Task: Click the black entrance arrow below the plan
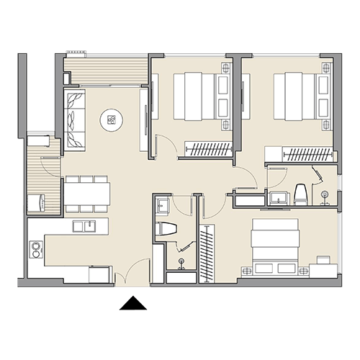(132, 304)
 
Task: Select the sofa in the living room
(75, 119)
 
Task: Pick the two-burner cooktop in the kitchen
(35, 250)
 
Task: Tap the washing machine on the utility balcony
(37, 202)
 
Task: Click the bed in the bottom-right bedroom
(274, 245)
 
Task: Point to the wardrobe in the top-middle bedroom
(209, 149)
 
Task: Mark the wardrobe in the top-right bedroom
(298, 153)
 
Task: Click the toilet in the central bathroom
(166, 230)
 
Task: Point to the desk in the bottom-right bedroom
(323, 270)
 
